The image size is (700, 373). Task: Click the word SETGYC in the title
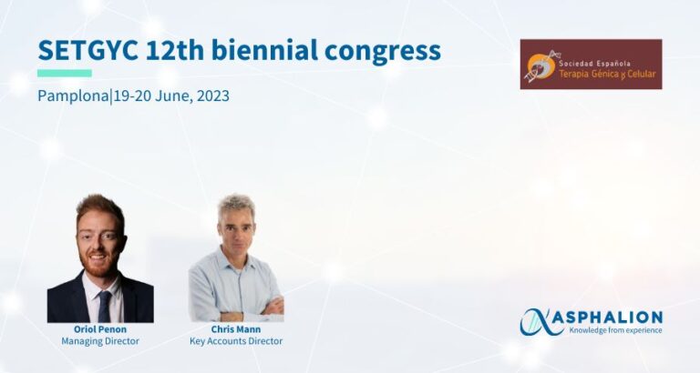click(87, 50)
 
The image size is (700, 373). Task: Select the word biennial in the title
click(264, 50)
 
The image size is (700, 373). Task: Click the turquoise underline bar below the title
click(65, 73)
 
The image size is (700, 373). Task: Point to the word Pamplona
click(74, 96)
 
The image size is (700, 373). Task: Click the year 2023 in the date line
click(213, 96)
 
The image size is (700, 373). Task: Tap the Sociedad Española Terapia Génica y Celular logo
click(591, 65)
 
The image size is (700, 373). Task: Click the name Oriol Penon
click(100, 329)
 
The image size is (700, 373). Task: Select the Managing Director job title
click(100, 341)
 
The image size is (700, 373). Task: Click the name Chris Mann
click(236, 329)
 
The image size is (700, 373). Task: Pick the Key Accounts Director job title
click(236, 341)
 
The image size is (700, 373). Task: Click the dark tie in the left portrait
click(105, 307)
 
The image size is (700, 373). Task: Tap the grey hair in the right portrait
click(237, 206)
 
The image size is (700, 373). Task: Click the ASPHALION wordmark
click(615, 318)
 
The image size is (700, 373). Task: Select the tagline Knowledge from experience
click(615, 330)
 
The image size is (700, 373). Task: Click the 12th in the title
click(175, 50)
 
